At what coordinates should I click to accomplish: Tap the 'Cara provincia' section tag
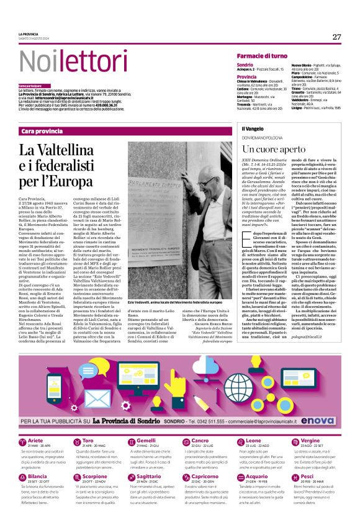click(x=42, y=131)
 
